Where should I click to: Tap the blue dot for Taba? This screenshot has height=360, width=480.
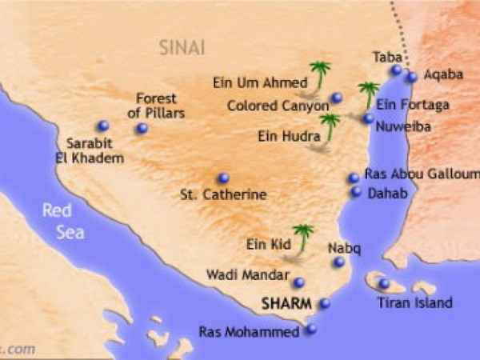click(396, 70)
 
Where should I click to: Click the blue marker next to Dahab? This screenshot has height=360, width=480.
click(356, 192)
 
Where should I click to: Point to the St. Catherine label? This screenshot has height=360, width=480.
click(223, 194)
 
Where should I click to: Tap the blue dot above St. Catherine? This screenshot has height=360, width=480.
click(223, 178)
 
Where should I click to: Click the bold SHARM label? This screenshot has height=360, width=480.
click(286, 305)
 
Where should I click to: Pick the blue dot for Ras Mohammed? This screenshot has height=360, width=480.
click(311, 328)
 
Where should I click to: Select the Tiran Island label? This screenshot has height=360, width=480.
click(414, 302)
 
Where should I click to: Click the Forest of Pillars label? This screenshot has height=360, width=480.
click(156, 106)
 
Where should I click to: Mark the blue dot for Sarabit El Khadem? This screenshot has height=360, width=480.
click(102, 126)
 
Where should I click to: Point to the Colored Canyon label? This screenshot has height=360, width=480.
click(278, 105)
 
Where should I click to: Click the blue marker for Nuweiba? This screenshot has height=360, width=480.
click(367, 118)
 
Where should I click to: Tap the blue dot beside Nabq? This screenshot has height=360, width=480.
click(339, 262)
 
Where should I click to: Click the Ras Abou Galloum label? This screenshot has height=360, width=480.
click(422, 174)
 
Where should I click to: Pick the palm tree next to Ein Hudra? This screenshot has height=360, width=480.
click(329, 126)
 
